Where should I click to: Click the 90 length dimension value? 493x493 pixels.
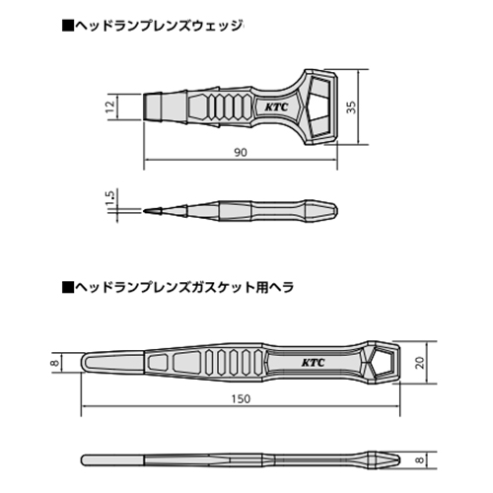[241, 152]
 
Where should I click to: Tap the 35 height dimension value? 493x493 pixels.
[351, 106]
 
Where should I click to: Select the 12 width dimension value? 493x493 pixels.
[110, 106]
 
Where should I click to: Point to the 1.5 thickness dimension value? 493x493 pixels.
[110, 197]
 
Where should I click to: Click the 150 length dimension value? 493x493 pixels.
[241, 398]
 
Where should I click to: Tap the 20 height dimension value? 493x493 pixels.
[420, 362]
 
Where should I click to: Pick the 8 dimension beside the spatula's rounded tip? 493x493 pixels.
[55, 363]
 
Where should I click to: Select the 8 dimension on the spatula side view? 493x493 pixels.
[420, 459]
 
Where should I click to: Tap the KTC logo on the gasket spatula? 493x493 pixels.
[313, 363]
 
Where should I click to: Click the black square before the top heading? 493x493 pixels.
[68, 26]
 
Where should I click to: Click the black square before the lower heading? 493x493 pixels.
[68, 287]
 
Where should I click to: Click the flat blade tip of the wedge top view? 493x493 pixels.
[145, 106]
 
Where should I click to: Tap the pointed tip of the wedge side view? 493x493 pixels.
[145, 211]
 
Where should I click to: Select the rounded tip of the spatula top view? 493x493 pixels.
[82, 362]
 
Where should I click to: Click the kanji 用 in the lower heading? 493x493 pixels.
[262, 287]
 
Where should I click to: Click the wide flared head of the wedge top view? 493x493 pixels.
[320, 106]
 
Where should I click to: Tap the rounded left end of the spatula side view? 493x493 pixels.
[83, 459]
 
